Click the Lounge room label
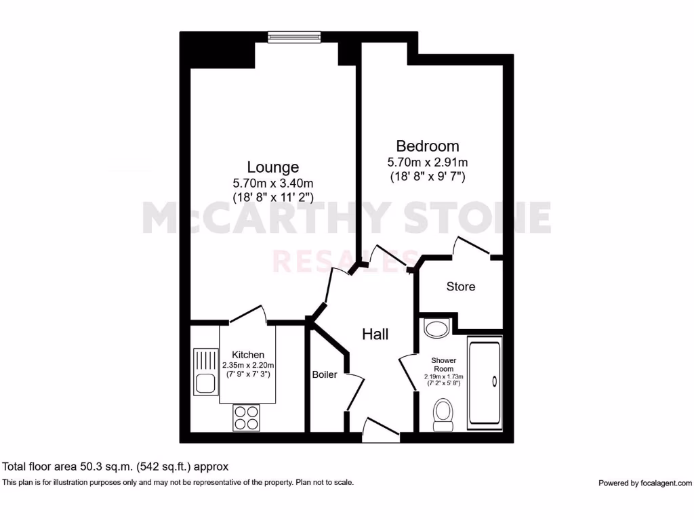click(272, 167)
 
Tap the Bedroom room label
click(427, 146)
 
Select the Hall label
click(375, 334)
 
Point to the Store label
click(461, 286)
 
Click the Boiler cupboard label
click(325, 374)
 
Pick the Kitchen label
click(248, 355)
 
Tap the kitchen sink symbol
click(204, 370)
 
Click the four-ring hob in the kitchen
click(246, 417)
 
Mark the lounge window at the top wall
click(293, 38)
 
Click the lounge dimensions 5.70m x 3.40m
click(273, 183)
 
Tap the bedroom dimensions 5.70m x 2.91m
click(427, 162)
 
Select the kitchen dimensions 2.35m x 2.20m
click(248, 365)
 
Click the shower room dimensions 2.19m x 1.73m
click(444, 376)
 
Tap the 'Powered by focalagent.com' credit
click(645, 483)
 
